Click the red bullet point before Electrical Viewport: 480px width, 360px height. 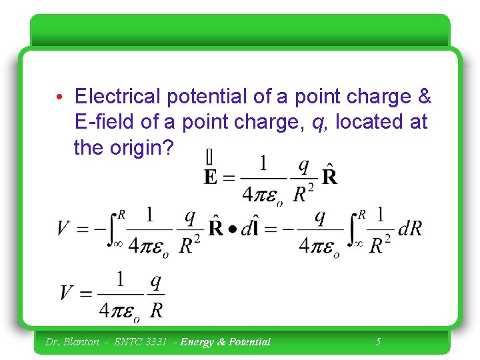tap(60, 98)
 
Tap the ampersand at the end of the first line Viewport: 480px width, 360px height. tap(425, 97)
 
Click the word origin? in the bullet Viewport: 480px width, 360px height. tap(141, 148)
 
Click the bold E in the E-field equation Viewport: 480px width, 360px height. tap(210, 177)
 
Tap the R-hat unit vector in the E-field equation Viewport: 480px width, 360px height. tap(329, 175)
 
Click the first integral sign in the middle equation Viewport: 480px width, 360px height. tap(113, 229)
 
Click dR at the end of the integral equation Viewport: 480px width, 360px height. tap(409, 229)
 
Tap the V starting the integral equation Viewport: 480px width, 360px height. tap(64, 229)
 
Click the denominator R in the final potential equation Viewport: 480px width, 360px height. tap(156, 309)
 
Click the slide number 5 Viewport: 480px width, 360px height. tap(378, 342)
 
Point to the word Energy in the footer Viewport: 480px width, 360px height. tap(197, 342)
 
